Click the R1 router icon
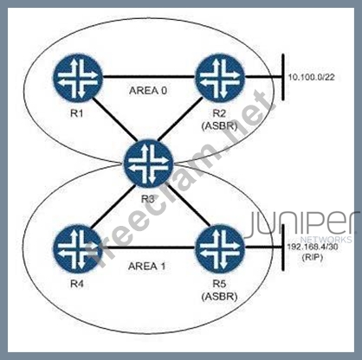click(77, 77)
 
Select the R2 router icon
click(220, 77)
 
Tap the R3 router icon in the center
click(149, 164)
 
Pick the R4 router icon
click(77, 248)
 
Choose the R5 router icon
click(220, 248)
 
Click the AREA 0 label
click(148, 91)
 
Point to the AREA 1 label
click(147, 266)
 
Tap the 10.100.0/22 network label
click(312, 77)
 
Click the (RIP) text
click(312, 257)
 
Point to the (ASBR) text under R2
click(220, 126)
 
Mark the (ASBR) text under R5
click(220, 296)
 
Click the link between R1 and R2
click(149, 77)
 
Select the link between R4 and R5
click(149, 247)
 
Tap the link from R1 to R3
click(113, 119)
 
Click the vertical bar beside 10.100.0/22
click(283, 77)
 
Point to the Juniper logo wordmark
click(301, 223)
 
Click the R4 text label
click(77, 284)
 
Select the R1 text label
click(77, 113)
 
